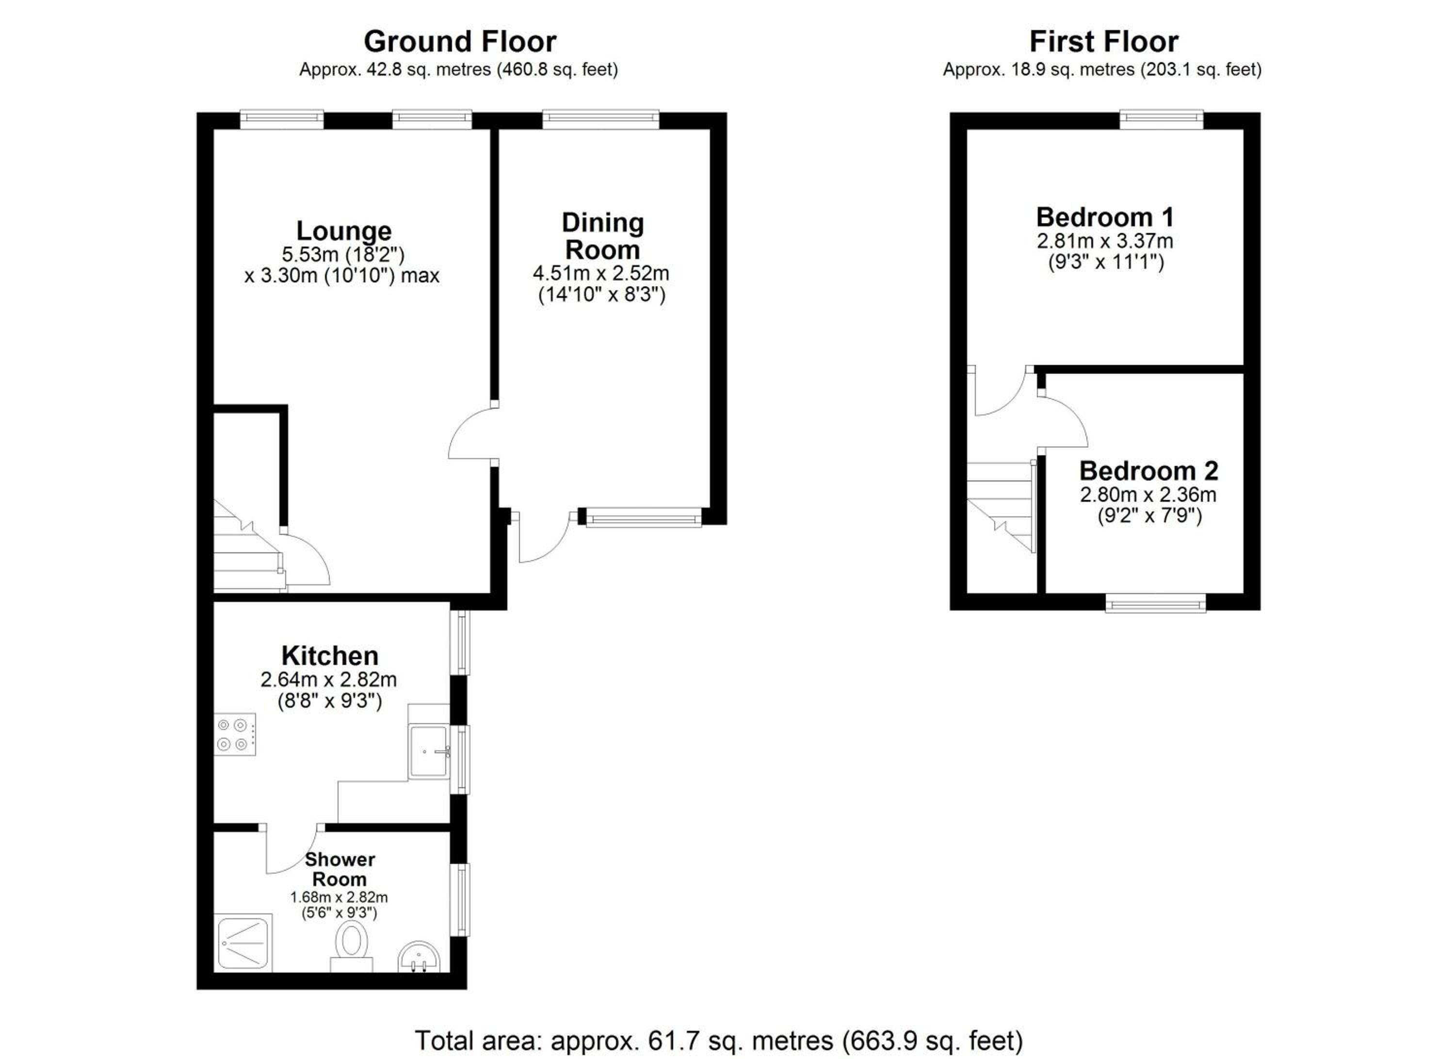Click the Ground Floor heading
coord(459,42)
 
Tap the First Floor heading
coord(1103,42)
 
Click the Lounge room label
coord(344,231)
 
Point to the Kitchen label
coord(330,655)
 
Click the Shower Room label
coord(339,869)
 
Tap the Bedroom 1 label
coord(1105,217)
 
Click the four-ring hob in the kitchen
coord(235,734)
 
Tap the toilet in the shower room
coord(351,947)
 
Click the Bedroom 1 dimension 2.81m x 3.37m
coord(1105,241)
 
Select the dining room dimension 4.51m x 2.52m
coord(601,273)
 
